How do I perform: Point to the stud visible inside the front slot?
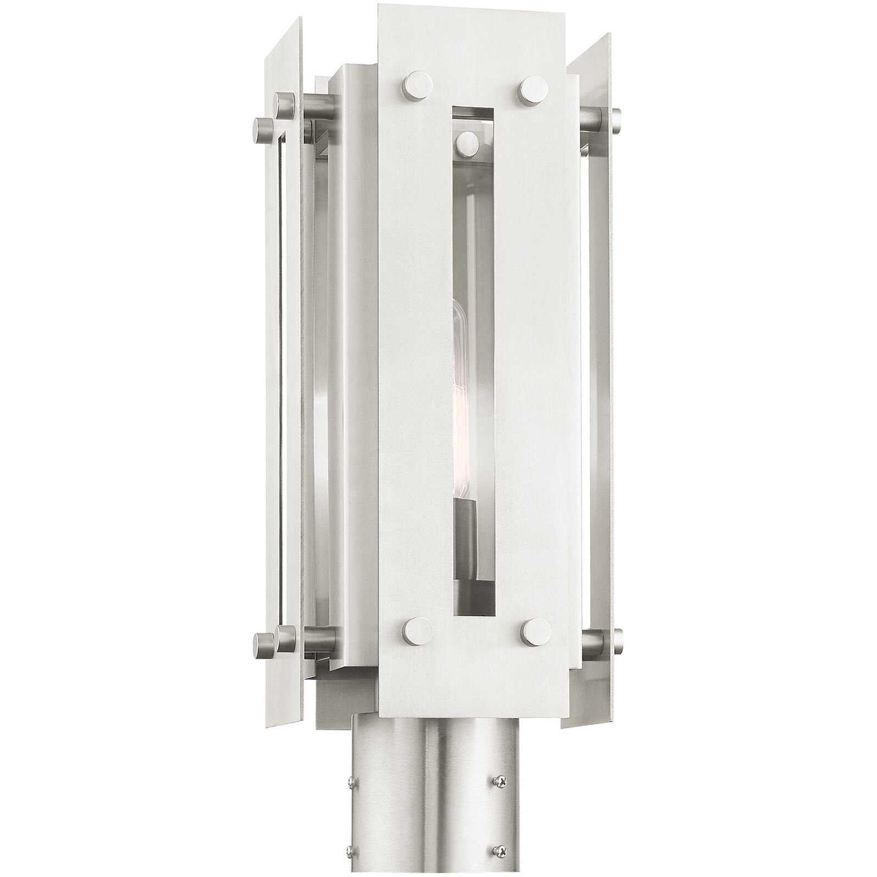coord(467,142)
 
